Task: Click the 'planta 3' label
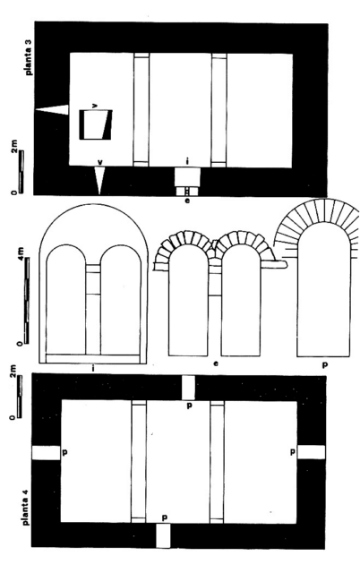point(30,56)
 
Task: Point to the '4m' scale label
point(21,253)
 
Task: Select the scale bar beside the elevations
point(26,301)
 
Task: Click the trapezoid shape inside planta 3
point(96,124)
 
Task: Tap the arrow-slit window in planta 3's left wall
point(52,109)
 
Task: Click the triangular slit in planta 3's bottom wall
point(99,180)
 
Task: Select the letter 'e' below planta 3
point(187,201)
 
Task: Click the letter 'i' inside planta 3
point(187,161)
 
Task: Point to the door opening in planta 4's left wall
point(46,453)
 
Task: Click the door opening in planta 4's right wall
point(311,452)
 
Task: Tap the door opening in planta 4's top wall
point(188,388)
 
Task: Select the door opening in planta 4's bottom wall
point(163,535)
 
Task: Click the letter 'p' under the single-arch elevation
point(325,364)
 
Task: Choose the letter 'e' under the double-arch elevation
point(216,363)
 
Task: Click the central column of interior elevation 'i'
point(93,309)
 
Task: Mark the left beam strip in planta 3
point(141,109)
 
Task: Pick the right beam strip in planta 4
point(217,462)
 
